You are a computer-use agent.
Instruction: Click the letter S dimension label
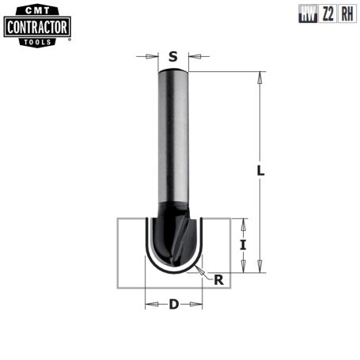click(173, 56)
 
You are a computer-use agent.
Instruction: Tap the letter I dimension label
click(244, 245)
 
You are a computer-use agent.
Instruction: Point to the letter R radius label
click(219, 279)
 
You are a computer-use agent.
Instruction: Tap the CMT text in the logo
click(37, 11)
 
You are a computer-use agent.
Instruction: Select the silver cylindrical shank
click(173, 135)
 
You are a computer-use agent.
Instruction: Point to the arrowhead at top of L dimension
click(260, 76)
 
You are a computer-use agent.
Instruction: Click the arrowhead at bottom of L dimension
click(260, 270)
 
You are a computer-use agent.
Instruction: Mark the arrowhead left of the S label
click(153, 56)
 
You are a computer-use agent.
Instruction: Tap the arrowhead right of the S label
click(192, 56)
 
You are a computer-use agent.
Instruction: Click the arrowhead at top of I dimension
click(244, 222)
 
